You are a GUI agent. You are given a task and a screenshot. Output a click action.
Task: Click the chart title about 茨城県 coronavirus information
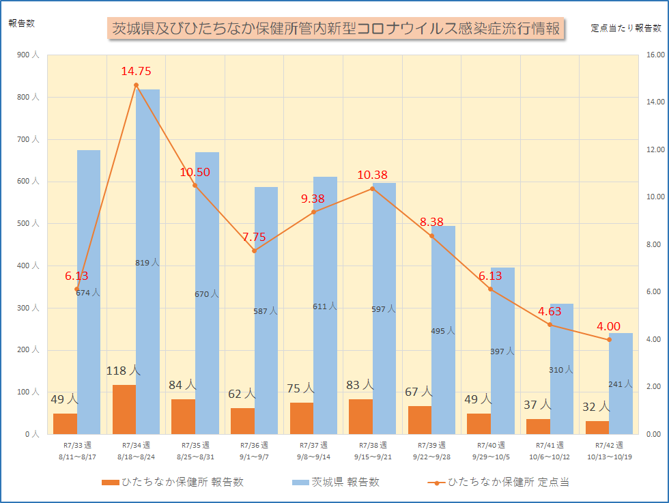pyautogui.click(x=336, y=29)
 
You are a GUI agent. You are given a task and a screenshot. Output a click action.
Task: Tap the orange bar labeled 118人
pyautogui.click(x=124, y=409)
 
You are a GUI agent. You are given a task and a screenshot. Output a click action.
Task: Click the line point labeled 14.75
pyautogui.click(x=136, y=85)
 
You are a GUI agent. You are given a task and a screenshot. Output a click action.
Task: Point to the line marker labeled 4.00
pyautogui.click(x=609, y=339)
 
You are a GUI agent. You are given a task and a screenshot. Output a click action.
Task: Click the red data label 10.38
pyautogui.click(x=373, y=175)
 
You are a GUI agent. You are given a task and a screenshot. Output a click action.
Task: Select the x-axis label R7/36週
pyautogui.click(x=254, y=444)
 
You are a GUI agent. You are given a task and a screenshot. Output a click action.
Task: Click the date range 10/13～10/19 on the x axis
pyautogui.click(x=608, y=457)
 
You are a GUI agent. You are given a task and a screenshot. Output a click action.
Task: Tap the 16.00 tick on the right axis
pyautogui.click(x=655, y=55)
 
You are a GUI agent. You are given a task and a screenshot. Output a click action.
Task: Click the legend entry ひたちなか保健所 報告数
pyautogui.click(x=172, y=482)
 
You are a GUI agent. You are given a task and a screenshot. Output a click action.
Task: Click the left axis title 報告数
pyautogui.click(x=21, y=23)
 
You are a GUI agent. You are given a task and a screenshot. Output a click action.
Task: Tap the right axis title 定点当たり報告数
pyautogui.click(x=625, y=28)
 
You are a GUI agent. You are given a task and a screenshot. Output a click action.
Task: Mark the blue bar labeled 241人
pyautogui.click(x=621, y=383)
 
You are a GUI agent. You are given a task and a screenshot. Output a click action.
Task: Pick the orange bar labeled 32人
pyautogui.click(x=597, y=427)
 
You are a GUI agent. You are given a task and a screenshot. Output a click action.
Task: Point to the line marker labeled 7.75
pyautogui.click(x=254, y=250)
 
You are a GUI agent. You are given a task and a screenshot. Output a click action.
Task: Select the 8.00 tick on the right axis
pyautogui.click(x=654, y=244)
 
